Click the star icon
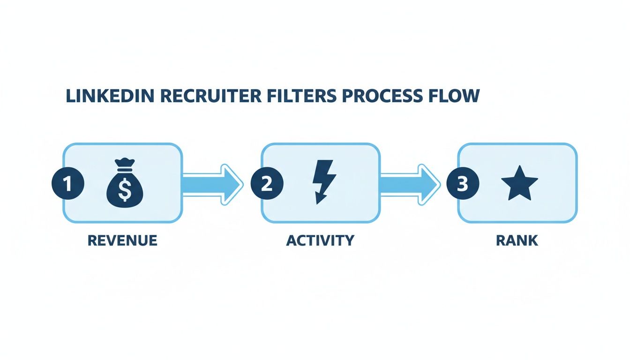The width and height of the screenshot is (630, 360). (519, 183)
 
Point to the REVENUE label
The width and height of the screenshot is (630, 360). (122, 240)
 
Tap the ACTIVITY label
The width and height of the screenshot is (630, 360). (320, 240)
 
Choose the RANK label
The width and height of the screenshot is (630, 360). (517, 241)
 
